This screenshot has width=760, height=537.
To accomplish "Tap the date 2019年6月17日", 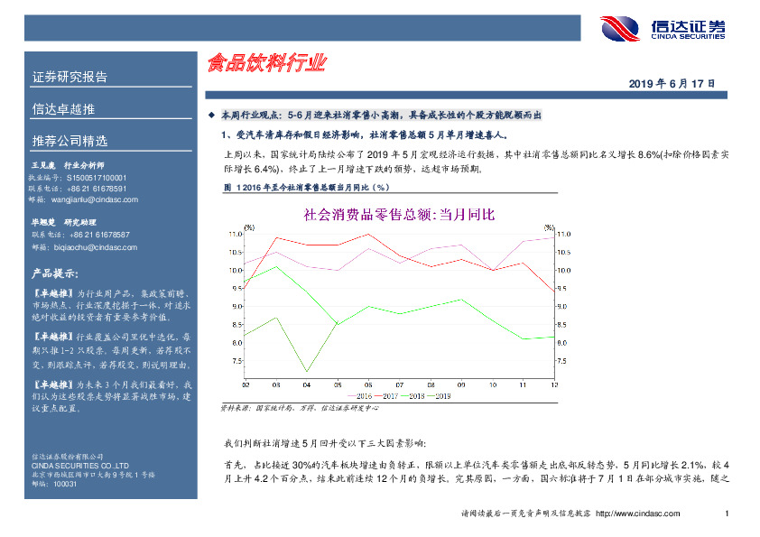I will tap(672, 83).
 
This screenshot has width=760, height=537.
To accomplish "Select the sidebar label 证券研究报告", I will tap(70, 77).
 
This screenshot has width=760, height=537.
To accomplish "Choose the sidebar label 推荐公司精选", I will tap(70, 141).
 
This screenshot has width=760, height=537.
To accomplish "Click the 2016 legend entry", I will tap(362, 395).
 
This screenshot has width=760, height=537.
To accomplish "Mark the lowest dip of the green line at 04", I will tap(307, 371).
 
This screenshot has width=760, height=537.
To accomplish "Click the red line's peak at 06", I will tap(367, 235).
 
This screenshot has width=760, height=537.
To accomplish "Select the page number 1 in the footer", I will tap(727, 514).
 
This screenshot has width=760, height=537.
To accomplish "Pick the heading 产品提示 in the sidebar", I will tap(55, 273).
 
